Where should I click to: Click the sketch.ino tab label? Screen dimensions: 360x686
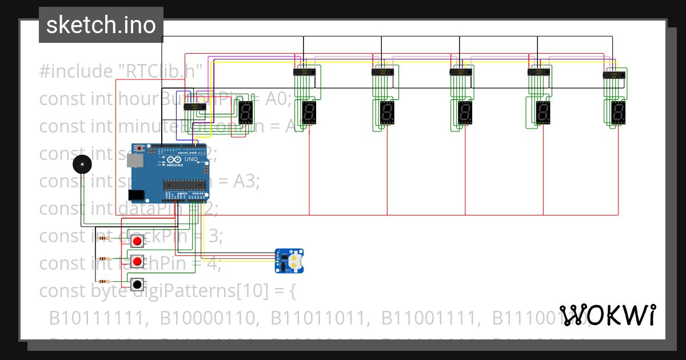pyautogui.click(x=101, y=25)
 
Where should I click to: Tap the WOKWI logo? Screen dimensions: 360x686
pyautogui.click(x=608, y=315)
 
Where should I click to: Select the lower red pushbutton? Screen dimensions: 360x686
pyautogui.click(x=137, y=262)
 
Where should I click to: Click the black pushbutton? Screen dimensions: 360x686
pyautogui.click(x=137, y=284)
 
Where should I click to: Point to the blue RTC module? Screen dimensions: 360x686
pyautogui.click(x=290, y=261)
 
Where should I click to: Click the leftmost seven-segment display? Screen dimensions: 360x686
pyautogui.click(x=246, y=113)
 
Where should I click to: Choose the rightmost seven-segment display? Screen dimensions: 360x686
pyautogui.click(x=618, y=113)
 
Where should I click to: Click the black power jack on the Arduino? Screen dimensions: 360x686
pyautogui.click(x=137, y=195)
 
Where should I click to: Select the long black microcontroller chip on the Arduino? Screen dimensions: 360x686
pyautogui.click(x=184, y=184)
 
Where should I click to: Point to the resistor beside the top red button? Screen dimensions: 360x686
pyautogui.click(x=104, y=238)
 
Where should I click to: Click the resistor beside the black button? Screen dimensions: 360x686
pyautogui.click(x=104, y=281)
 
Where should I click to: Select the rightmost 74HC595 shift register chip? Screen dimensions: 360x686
pyautogui.click(x=615, y=75)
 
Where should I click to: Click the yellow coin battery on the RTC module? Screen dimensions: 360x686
pyautogui.click(x=294, y=261)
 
